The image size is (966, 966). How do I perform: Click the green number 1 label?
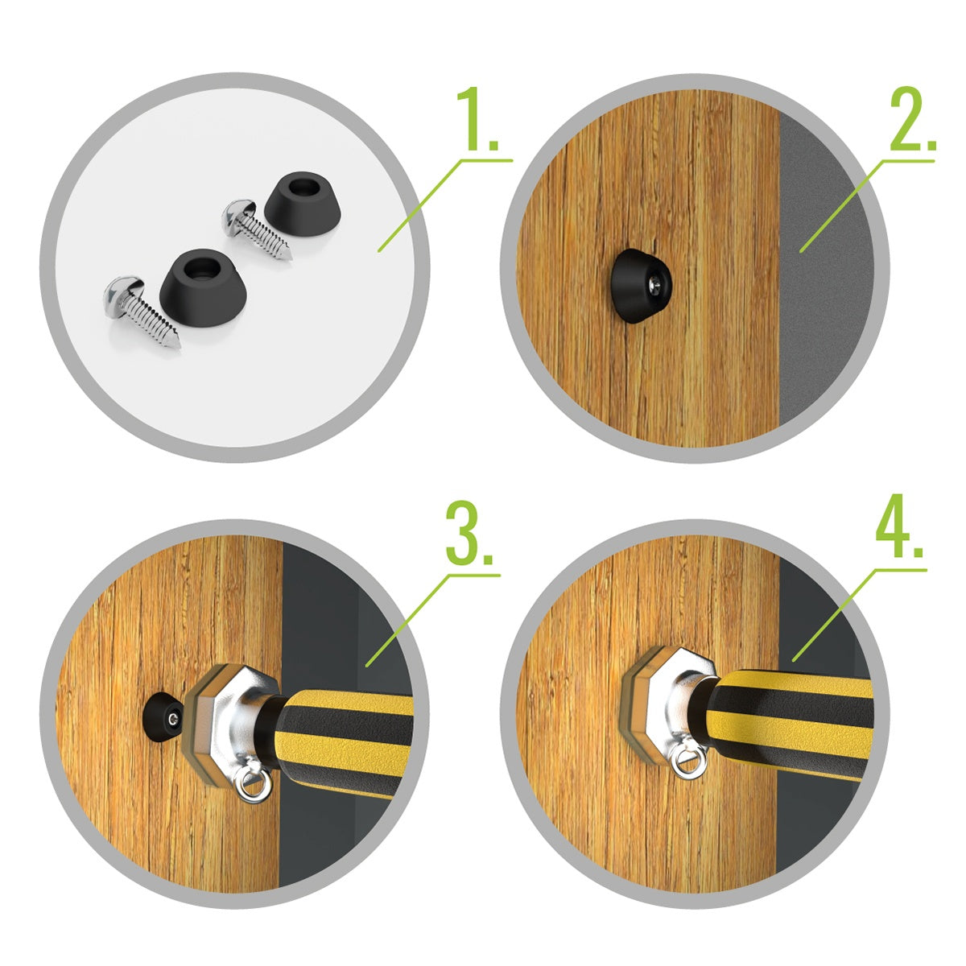click(477, 119)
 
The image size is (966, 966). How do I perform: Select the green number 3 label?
click(469, 535)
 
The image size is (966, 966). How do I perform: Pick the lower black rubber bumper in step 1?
click(203, 287)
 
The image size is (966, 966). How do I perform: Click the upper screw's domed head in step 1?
click(238, 217)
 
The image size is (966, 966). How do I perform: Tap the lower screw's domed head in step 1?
click(123, 298)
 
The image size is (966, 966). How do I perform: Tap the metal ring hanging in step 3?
click(255, 785)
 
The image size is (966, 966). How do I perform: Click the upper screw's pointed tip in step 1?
click(289, 257)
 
